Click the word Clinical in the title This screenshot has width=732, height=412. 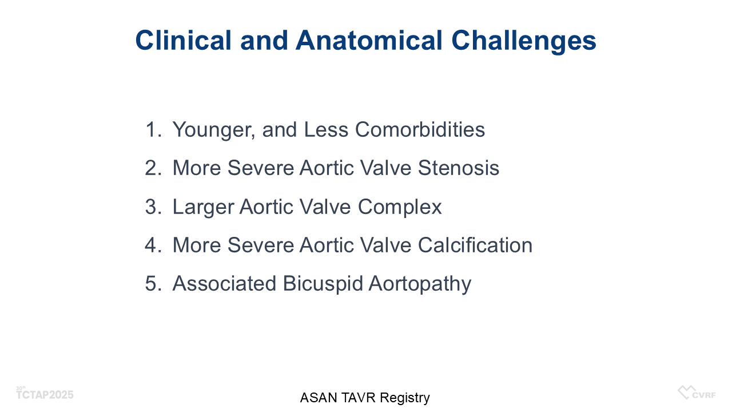[184, 40]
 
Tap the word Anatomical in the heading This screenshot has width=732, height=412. [369, 40]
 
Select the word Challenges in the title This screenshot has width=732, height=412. [524, 42]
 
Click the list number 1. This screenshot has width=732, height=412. [153, 129]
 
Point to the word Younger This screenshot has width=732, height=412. [214, 130]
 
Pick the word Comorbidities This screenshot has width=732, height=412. [420, 129]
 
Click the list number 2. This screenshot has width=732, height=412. [153, 168]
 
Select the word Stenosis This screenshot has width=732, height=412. [459, 168]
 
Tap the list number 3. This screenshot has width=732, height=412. [153, 207]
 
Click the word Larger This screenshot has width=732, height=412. [203, 207]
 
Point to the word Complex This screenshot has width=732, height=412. [400, 207]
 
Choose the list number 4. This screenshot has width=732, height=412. [153, 245]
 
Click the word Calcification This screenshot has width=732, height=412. [475, 245]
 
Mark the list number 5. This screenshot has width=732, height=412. [153, 283]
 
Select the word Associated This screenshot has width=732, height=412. [224, 283]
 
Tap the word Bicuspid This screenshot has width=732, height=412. [323, 284]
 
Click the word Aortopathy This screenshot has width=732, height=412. [420, 284]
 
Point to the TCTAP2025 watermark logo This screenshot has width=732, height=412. [45, 394]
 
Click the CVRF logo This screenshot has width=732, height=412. [697, 393]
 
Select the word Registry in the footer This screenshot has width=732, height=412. [405, 398]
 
